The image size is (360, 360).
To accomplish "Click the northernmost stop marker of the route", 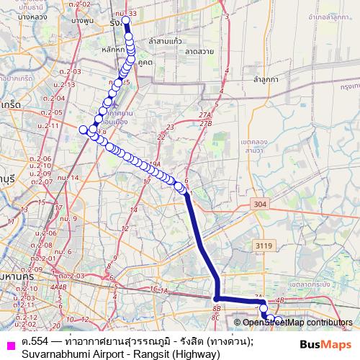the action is (x=126, y=21).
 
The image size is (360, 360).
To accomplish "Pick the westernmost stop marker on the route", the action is (x=82, y=130).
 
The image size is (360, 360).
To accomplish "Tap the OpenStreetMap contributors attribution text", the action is (x=297, y=323).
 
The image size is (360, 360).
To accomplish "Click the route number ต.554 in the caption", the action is (x=37, y=338).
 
